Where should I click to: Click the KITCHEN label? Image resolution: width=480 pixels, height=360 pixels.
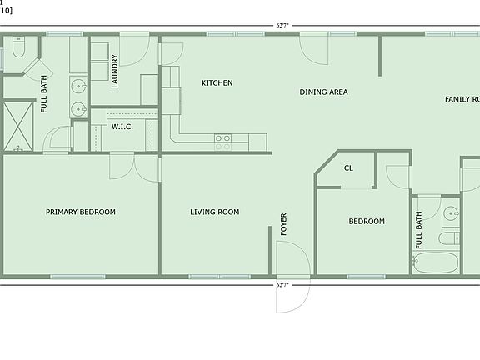(217, 83)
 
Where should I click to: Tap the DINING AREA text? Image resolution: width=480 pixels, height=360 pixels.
(323, 92)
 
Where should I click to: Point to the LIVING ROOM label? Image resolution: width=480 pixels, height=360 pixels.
(215, 212)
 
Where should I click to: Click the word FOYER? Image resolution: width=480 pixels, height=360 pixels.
(283, 224)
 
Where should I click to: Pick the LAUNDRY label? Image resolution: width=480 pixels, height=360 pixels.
(115, 71)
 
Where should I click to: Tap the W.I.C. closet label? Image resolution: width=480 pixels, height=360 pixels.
(122, 127)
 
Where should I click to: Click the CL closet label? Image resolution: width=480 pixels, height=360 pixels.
(348, 167)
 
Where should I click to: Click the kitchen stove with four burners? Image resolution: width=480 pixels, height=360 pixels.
(223, 142)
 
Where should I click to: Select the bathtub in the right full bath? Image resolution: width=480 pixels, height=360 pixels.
(436, 262)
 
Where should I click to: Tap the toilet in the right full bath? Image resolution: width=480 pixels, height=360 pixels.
(448, 239)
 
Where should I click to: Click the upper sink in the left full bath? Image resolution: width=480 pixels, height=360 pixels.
(78, 85)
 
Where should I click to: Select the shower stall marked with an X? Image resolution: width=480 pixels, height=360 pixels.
(17, 126)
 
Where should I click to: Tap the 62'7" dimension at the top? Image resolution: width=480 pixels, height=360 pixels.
(282, 26)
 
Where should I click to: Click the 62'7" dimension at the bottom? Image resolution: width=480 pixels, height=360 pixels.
(282, 285)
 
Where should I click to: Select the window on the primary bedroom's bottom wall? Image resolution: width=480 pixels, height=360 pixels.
(77, 277)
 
